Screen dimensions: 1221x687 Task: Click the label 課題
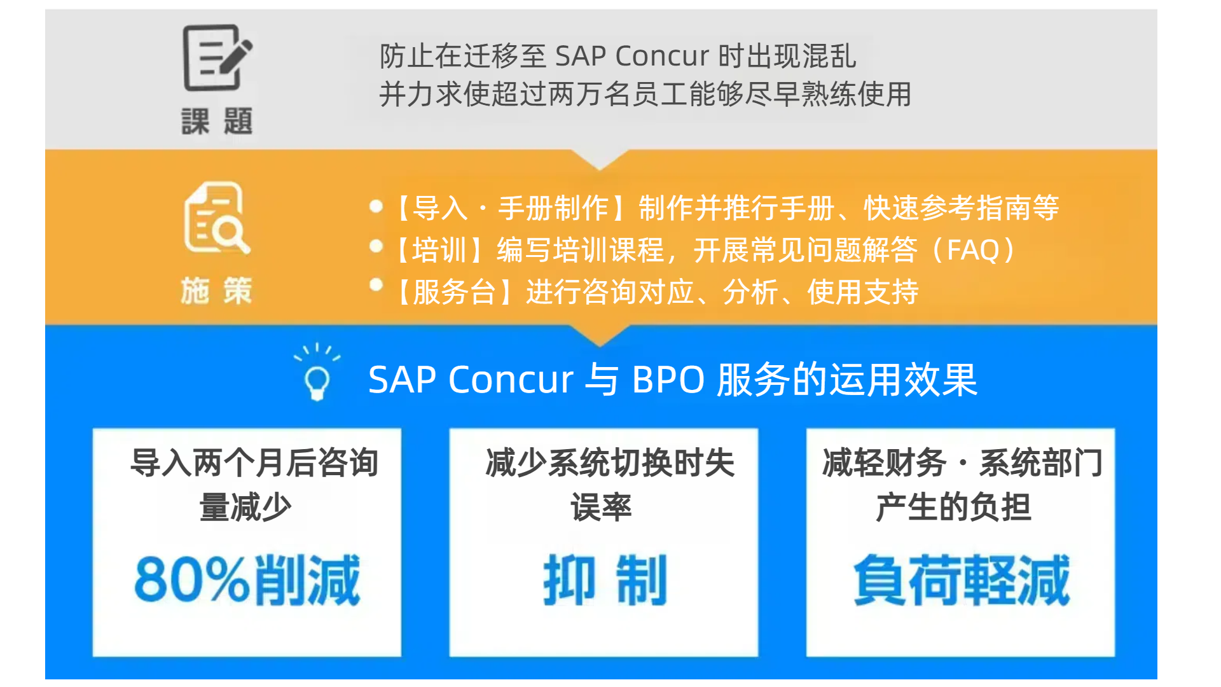(217, 121)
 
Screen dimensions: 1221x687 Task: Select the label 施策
(217, 291)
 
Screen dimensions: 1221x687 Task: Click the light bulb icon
(317, 373)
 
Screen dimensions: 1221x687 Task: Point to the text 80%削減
(247, 579)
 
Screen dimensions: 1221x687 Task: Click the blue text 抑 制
(605, 579)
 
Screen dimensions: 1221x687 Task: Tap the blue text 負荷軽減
(962, 579)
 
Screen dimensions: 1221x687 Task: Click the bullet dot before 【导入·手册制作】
(376, 206)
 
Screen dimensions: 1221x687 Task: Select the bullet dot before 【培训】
(376, 246)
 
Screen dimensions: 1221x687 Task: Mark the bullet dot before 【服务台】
(376, 285)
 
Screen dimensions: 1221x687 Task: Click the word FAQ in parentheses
(973, 250)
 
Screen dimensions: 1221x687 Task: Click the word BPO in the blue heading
(668, 380)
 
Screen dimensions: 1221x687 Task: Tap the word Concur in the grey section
(662, 56)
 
